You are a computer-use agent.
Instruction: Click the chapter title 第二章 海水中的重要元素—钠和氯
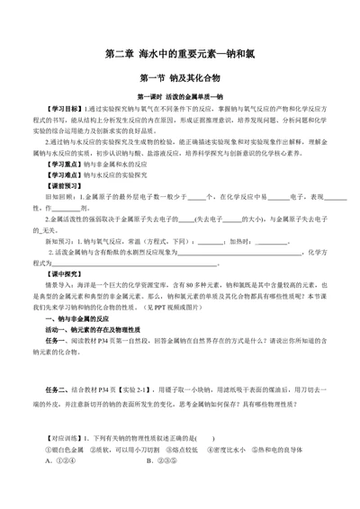click(x=180, y=55)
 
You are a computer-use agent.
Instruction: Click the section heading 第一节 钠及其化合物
click(x=180, y=78)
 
